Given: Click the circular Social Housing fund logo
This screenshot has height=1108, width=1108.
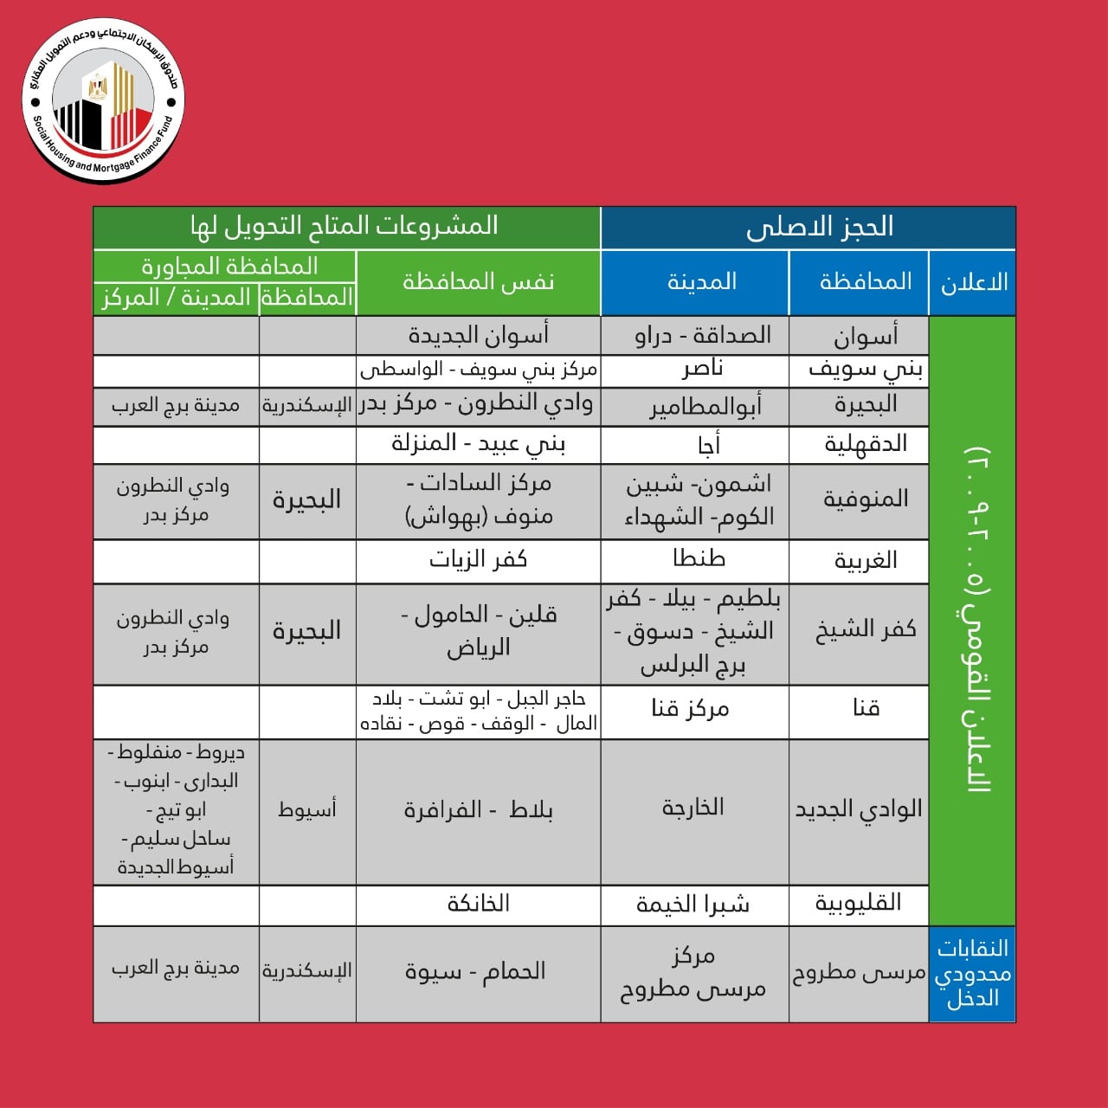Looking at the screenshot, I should [x=103, y=101].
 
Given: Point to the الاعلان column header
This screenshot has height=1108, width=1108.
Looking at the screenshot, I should [x=973, y=282].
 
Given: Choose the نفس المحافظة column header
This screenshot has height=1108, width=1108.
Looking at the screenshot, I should [x=478, y=282].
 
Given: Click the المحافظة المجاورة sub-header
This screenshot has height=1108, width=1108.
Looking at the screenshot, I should [x=229, y=266].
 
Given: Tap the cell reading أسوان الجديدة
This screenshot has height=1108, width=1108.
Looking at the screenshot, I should [x=478, y=336].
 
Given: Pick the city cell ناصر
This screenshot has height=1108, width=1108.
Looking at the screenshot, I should [x=702, y=370].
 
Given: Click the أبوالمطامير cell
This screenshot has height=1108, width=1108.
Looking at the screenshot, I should [x=705, y=407].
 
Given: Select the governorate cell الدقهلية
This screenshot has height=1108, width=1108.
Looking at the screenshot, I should [x=865, y=444].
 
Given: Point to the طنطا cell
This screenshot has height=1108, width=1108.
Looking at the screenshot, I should [x=699, y=559].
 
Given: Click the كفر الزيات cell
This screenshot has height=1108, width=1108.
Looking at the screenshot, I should [x=478, y=560].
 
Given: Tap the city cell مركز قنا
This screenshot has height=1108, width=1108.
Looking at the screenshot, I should [x=690, y=710].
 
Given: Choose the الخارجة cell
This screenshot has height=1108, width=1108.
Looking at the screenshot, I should [x=692, y=808].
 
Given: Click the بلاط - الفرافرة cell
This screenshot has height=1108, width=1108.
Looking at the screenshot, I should [x=478, y=810].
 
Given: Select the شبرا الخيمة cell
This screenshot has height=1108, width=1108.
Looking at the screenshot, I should [x=692, y=905].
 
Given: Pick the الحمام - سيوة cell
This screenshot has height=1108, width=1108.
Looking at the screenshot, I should [x=475, y=971].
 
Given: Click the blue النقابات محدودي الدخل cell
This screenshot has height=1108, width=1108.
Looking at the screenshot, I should [x=972, y=973].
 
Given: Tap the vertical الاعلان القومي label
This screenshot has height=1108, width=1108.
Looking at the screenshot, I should [x=975, y=620].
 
